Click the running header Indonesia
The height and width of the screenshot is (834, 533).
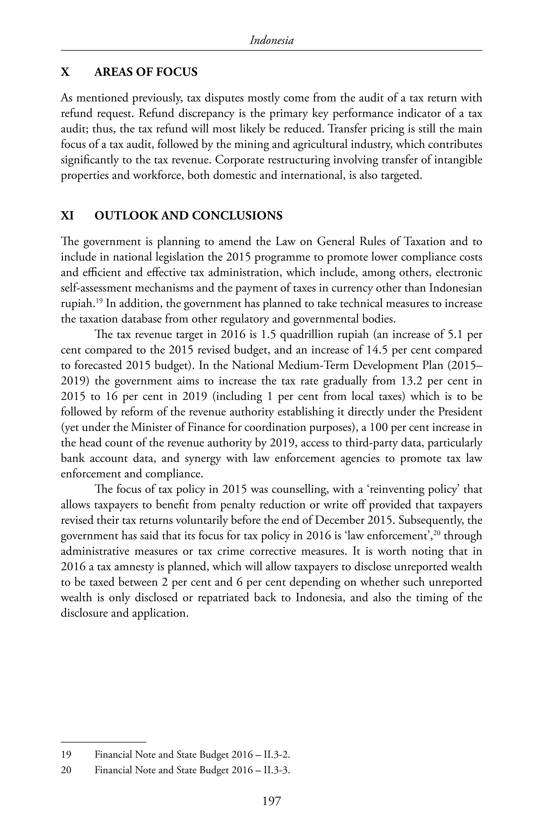click(271, 41)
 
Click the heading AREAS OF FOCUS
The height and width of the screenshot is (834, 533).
click(146, 72)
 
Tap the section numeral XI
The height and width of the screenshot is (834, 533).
click(67, 216)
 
